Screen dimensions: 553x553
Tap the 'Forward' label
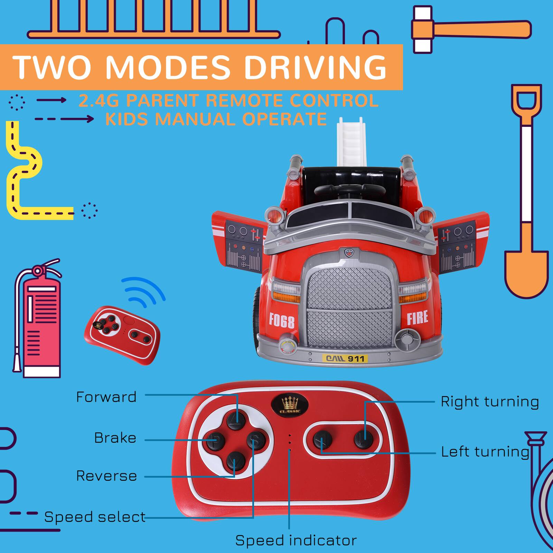point(106,397)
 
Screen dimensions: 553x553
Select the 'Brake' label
point(115,438)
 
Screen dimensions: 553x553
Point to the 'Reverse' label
point(106,476)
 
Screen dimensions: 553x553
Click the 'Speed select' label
point(95,517)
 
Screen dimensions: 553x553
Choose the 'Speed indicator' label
point(296,540)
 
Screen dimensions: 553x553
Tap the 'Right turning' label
point(490,402)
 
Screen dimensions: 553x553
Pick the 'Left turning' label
point(485,452)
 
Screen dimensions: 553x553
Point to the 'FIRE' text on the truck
point(417,317)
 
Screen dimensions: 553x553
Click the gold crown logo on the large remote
point(290,404)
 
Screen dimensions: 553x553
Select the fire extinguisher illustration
point(38,321)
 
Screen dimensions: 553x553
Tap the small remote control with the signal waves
point(122,334)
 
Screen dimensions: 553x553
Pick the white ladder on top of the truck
point(351,142)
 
